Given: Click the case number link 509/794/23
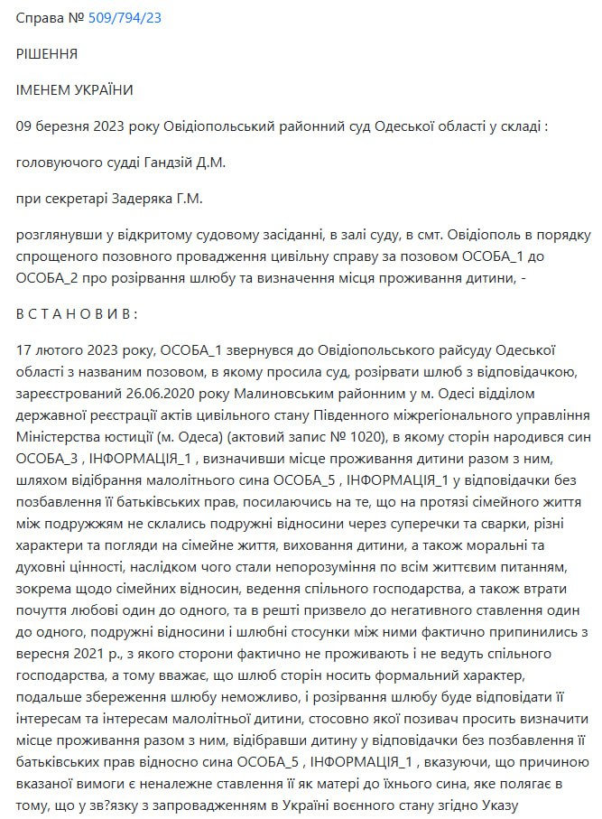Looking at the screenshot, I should click(125, 17).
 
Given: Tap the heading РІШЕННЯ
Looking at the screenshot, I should click(47, 54).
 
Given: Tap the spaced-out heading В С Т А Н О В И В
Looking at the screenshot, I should click(78, 313).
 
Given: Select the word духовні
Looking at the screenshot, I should click(44, 566).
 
